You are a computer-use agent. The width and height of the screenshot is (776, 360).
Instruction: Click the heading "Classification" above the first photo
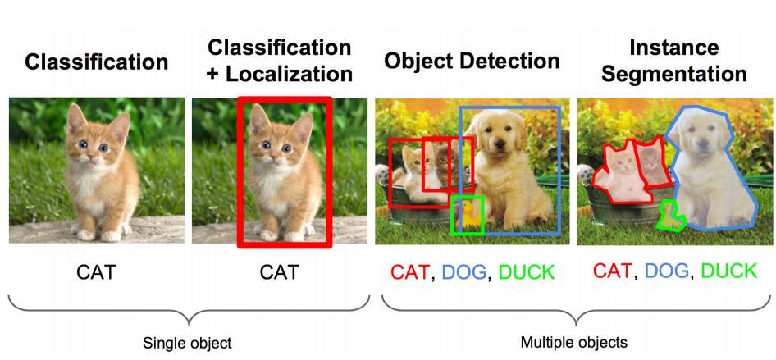tap(97, 62)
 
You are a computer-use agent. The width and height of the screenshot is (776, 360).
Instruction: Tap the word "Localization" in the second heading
tap(290, 74)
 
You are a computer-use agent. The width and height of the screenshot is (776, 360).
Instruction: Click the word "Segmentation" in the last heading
tap(675, 74)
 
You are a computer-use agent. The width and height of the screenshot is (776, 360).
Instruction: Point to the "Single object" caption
tap(187, 342)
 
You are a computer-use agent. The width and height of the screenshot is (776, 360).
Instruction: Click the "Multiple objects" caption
tap(573, 342)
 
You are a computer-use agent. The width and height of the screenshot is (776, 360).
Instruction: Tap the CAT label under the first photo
tap(97, 271)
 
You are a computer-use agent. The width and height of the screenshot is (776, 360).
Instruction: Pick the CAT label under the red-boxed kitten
tap(280, 271)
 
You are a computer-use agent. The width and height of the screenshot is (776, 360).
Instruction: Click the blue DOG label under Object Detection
tap(464, 272)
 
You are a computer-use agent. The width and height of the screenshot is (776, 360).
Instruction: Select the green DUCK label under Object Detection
tap(526, 272)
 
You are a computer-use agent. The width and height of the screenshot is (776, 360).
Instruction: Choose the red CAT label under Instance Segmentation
tap(612, 271)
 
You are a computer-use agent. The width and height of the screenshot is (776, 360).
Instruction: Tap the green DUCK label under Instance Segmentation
tap(728, 271)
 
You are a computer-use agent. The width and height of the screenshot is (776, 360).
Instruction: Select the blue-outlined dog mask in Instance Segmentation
tap(710, 180)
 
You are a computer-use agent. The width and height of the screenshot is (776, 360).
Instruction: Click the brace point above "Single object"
tap(189, 317)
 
